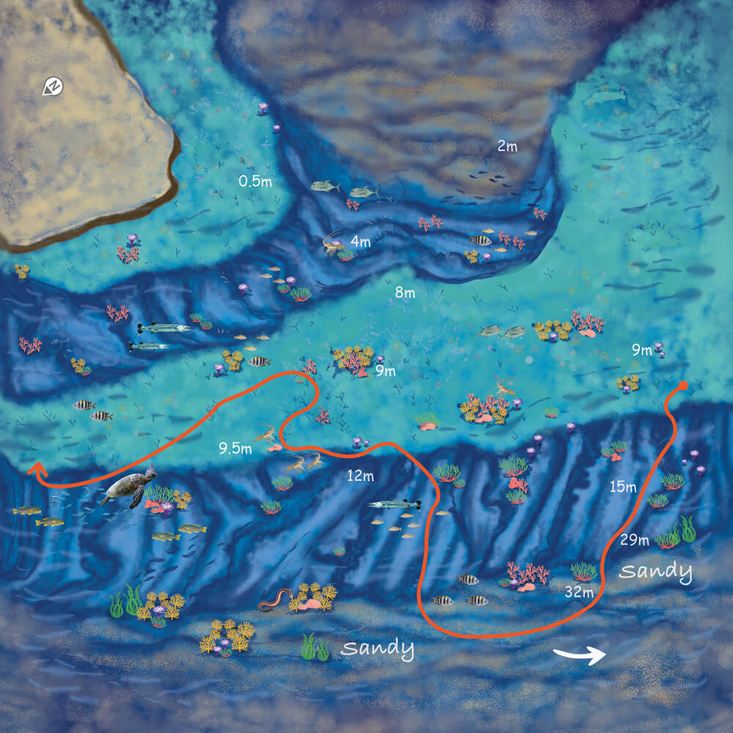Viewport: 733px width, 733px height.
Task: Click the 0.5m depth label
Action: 255,181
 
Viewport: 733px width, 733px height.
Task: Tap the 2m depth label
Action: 507,147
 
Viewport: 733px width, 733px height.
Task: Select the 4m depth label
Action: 361,240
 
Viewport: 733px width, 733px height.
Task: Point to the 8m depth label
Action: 405,293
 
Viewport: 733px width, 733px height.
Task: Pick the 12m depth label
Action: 360,476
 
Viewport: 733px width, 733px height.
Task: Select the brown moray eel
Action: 276,600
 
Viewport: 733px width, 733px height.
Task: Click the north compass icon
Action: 54,87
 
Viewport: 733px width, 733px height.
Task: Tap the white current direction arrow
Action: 579,655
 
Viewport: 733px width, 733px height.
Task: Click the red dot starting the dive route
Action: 683,385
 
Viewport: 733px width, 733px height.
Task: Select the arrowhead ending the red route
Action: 34,468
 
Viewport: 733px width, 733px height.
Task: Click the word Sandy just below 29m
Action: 656,571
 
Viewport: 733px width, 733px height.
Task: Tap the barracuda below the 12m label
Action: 394,504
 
